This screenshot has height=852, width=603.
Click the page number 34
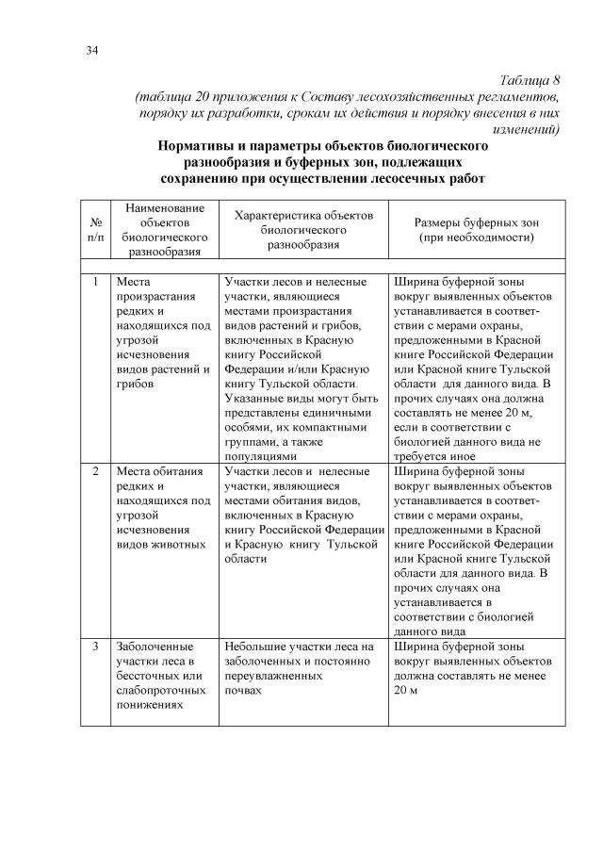92,50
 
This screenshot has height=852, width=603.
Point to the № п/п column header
95,231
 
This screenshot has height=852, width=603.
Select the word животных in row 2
181,544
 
